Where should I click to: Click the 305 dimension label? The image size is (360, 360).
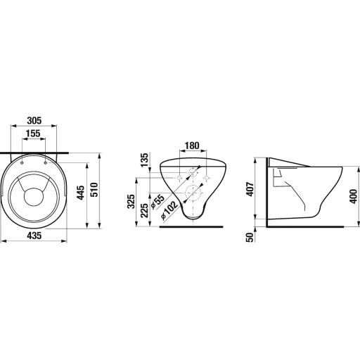tap(34, 120)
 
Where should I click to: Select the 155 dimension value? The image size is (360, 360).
tap(33, 134)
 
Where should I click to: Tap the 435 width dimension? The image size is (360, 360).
tap(34, 236)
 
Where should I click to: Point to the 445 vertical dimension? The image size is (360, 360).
tap(81, 193)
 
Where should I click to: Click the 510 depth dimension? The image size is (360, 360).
tap(94, 190)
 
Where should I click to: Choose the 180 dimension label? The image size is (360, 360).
tap(192, 146)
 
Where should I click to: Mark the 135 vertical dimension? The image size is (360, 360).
tap(144, 160)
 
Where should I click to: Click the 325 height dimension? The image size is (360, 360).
tap(131, 201)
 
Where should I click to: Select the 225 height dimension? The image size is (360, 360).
tap(144, 211)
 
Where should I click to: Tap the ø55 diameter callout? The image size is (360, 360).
tap(157, 202)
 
